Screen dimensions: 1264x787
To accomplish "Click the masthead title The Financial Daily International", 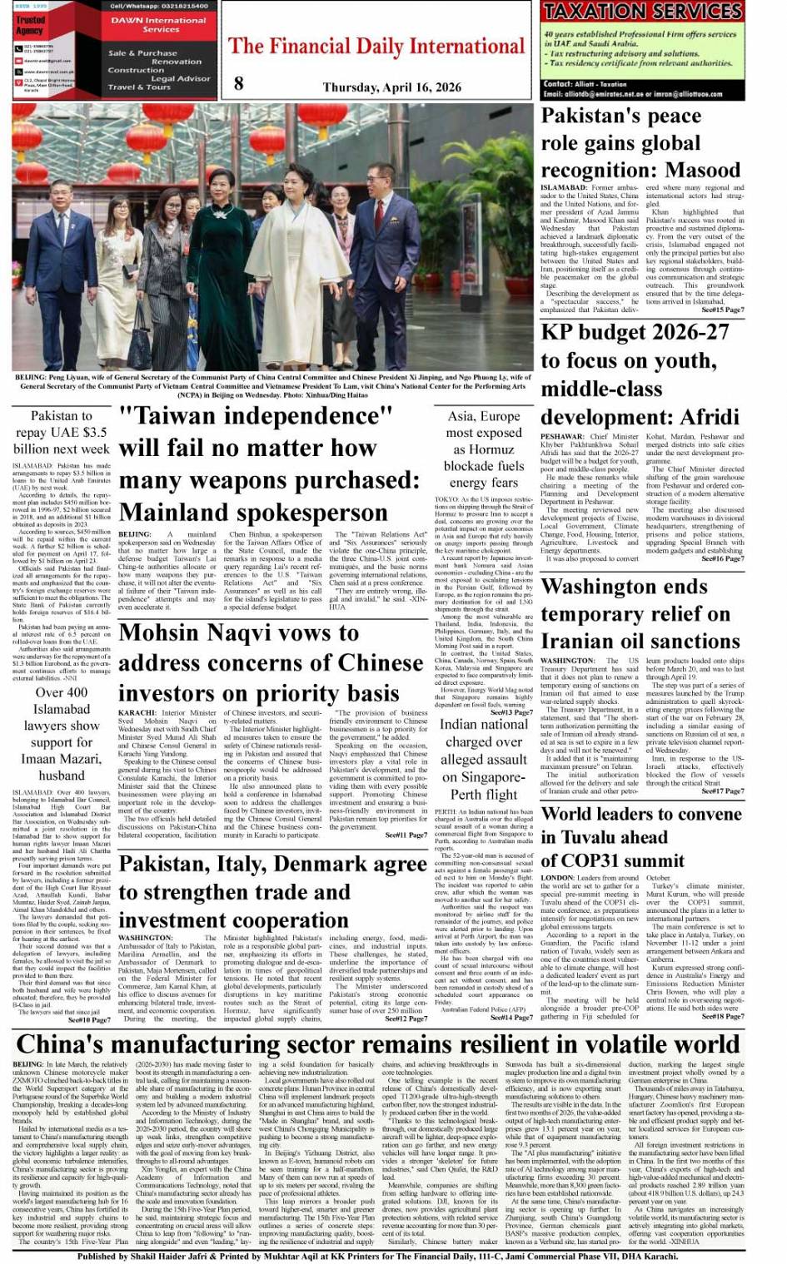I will pyautogui.click(x=376, y=46).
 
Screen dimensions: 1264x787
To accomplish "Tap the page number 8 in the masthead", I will pyautogui.click(x=239, y=83).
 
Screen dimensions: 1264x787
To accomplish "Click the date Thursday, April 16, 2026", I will pyautogui.click(x=391, y=87).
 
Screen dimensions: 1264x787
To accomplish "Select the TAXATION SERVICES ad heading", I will pyautogui.click(x=641, y=12).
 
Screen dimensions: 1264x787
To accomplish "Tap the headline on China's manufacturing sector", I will pyautogui.click(x=378, y=1043).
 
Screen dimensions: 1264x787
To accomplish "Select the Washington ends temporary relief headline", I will pyautogui.click(x=636, y=614).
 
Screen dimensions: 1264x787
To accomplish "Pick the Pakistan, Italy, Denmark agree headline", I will pyautogui.click(x=271, y=892).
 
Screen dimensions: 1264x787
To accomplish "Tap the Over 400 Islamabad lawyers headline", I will pyautogui.click(x=62, y=733).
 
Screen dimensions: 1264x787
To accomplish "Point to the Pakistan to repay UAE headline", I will pyautogui.click(x=62, y=432).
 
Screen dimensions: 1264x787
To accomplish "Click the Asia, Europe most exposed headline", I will pyautogui.click(x=484, y=449).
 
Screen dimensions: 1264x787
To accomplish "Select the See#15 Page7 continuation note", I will pyautogui.click(x=722, y=310).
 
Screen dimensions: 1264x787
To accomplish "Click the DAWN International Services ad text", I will pyautogui.click(x=158, y=25).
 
